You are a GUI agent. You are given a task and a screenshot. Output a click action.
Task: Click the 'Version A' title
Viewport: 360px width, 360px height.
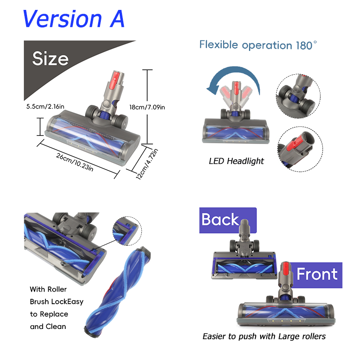[x=74, y=18]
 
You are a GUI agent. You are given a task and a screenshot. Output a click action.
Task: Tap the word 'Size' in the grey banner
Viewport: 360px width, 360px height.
[x=50, y=58]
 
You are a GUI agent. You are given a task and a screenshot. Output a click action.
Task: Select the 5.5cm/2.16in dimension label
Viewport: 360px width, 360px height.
[x=45, y=107]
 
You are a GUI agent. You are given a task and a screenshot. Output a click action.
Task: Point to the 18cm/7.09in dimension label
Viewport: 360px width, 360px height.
[x=147, y=107]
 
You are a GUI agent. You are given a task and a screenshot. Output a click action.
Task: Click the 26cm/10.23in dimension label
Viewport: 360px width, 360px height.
[x=75, y=162]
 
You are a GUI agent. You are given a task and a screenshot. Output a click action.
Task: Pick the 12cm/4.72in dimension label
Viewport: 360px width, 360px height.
[x=147, y=164]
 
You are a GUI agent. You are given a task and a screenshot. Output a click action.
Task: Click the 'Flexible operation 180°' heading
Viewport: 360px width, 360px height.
[x=258, y=45]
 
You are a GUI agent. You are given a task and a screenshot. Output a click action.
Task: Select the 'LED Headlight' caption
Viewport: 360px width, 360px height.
[x=236, y=161]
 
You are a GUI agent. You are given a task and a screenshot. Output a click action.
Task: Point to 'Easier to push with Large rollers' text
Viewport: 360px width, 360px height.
[x=264, y=336]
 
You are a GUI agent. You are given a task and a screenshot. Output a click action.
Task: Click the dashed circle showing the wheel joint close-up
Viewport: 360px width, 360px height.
[x=298, y=96]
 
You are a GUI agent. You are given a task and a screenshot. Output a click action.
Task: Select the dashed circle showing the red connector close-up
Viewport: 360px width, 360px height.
[x=300, y=149]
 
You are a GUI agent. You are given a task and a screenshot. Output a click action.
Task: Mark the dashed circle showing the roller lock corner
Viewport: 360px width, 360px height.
[x=127, y=231]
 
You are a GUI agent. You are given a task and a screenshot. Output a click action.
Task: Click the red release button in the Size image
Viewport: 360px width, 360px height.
[x=117, y=77]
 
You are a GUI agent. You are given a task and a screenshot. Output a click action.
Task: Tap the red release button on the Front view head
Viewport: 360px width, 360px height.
[x=285, y=270]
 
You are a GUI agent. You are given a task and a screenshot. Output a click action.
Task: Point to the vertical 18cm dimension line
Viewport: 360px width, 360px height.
[x=147, y=107]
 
